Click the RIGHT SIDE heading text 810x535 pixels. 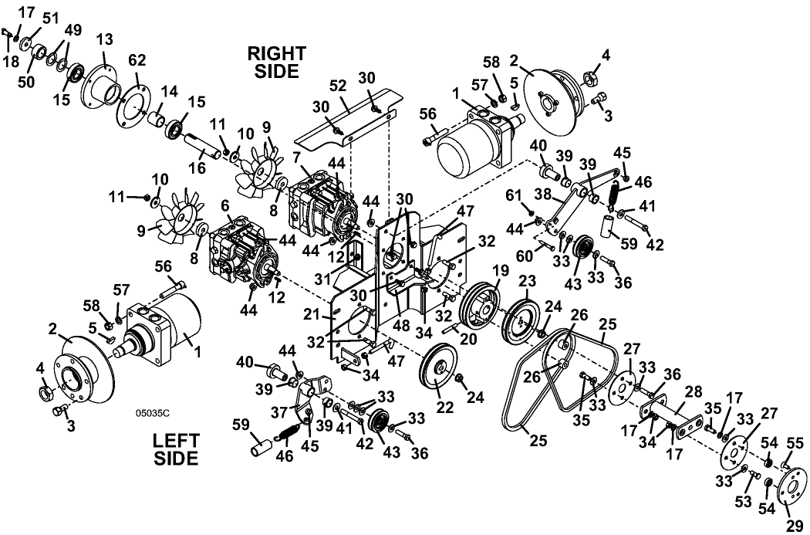pyautogui.click(x=277, y=62)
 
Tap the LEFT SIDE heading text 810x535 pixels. pyautogui.click(x=176, y=449)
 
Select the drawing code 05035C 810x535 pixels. pyautogui.click(x=153, y=413)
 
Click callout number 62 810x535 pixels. pyautogui.click(x=137, y=61)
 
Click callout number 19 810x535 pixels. pyautogui.click(x=500, y=269)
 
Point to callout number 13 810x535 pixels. pyautogui.click(x=105, y=40)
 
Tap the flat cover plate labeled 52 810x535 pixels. pyautogui.click(x=346, y=121)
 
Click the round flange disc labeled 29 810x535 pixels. pyautogui.click(x=791, y=486)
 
